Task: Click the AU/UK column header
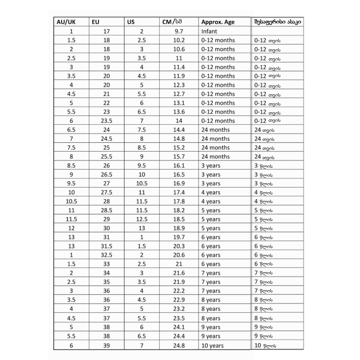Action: click(66, 22)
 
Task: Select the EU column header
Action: click(95, 22)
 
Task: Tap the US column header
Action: click(131, 22)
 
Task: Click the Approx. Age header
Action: click(218, 22)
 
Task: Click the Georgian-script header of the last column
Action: click(278, 22)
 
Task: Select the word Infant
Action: click(209, 31)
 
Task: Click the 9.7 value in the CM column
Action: click(179, 31)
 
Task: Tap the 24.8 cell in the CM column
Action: click(179, 346)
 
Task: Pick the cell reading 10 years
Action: click(212, 346)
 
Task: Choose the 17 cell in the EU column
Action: click(107, 31)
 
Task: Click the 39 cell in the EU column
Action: click(107, 346)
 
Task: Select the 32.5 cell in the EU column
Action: click(107, 255)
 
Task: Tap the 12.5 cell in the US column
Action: click(142, 219)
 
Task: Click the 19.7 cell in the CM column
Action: click(179, 237)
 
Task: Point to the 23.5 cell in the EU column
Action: click(107, 121)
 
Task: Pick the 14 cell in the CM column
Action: click(179, 121)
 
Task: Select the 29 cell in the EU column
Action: click(107, 219)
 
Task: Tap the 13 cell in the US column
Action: click(142, 228)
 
